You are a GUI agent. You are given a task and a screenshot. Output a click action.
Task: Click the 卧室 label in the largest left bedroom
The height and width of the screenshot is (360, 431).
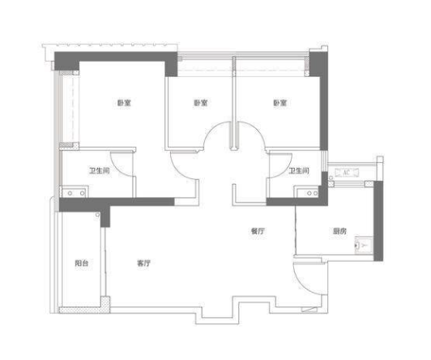[x=124, y=103]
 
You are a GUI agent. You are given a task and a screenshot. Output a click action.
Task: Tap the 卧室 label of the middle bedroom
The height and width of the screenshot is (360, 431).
[x=201, y=103]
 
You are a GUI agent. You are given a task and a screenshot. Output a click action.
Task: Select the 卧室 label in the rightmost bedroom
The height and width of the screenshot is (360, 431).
[x=280, y=103]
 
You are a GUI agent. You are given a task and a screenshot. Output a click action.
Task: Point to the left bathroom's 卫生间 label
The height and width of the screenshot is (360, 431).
[x=100, y=171]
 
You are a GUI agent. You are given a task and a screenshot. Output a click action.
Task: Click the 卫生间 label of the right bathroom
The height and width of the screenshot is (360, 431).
[x=299, y=171]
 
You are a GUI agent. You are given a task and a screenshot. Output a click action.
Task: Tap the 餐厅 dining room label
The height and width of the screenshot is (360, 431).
[x=258, y=231]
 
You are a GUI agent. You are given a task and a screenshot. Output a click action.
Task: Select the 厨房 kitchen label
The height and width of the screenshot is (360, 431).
[x=339, y=231]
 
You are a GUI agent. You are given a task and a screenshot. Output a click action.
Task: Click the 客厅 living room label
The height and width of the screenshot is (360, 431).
[x=144, y=264]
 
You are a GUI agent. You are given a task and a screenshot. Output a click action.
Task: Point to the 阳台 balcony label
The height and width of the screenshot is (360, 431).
[x=82, y=264]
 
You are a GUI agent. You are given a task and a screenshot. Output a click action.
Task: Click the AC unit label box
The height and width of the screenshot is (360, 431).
[x=347, y=173]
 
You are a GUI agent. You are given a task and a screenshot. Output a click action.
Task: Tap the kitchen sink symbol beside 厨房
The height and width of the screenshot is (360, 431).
[x=364, y=245]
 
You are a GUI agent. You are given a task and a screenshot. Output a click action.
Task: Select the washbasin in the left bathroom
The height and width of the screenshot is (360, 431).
[x=75, y=193]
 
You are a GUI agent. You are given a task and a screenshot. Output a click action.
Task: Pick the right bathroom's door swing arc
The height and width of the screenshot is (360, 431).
[x=286, y=170]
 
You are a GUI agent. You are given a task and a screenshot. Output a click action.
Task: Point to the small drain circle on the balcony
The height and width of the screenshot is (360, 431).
[x=97, y=215]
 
